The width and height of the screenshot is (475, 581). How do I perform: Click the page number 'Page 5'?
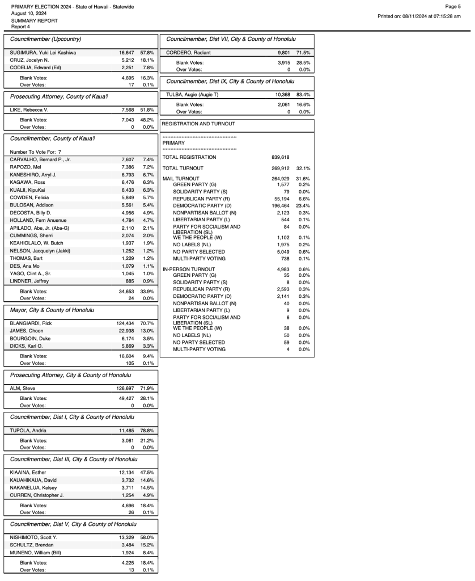click(452, 6)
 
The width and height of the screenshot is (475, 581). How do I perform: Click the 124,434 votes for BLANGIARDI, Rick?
click(125, 323)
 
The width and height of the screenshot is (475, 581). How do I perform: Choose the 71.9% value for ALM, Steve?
click(147, 388)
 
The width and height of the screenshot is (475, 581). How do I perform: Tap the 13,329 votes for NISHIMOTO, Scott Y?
click(127, 537)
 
